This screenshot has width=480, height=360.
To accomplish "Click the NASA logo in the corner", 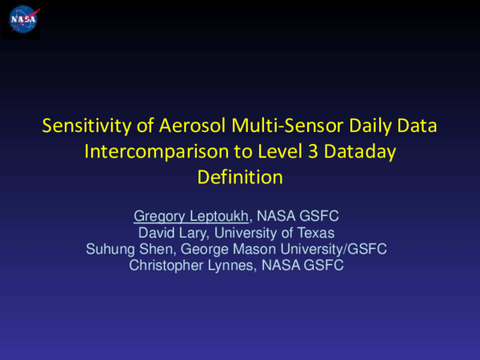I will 21,19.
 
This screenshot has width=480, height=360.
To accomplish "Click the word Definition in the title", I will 240,178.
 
